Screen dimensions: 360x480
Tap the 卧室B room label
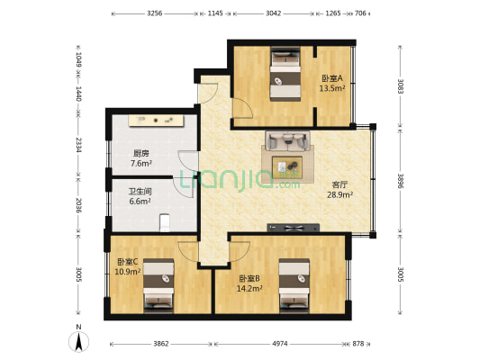(x=250, y=284)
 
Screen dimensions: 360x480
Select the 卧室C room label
(x=128, y=266)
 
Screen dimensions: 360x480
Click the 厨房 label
(x=140, y=158)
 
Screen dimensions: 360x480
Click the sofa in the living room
(x=287, y=140)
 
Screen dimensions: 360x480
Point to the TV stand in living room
(x=292, y=227)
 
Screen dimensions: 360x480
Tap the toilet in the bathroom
(x=165, y=222)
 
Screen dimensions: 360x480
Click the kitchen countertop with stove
(x=150, y=119)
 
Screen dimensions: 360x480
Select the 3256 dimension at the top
(x=154, y=13)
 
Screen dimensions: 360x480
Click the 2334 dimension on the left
(x=79, y=145)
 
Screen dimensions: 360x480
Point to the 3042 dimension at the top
(x=273, y=13)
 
